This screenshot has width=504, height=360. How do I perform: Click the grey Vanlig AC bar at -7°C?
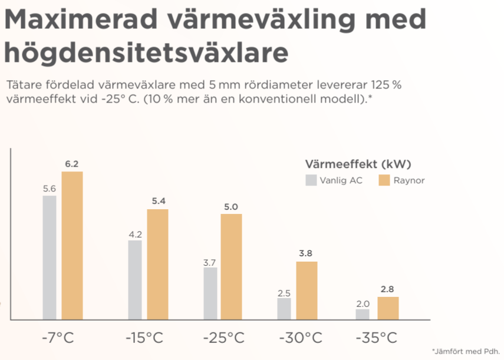[x=50, y=257]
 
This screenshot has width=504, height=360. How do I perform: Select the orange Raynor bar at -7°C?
[x=72, y=246]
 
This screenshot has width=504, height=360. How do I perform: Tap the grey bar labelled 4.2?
[x=135, y=280]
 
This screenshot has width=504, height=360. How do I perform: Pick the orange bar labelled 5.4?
[x=157, y=265]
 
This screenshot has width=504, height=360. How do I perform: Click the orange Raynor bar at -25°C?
[x=231, y=267]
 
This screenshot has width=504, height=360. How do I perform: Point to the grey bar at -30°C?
[x=284, y=309]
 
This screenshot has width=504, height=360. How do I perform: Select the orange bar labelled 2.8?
[x=388, y=308]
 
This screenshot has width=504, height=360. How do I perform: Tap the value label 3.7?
[x=209, y=262]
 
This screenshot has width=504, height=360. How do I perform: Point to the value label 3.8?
[x=305, y=254]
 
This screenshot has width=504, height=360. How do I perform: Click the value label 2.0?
[x=363, y=303]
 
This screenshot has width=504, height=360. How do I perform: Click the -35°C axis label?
[x=376, y=338]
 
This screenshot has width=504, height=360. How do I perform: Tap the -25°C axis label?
[x=223, y=338]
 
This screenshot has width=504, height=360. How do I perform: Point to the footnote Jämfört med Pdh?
[x=465, y=351]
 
